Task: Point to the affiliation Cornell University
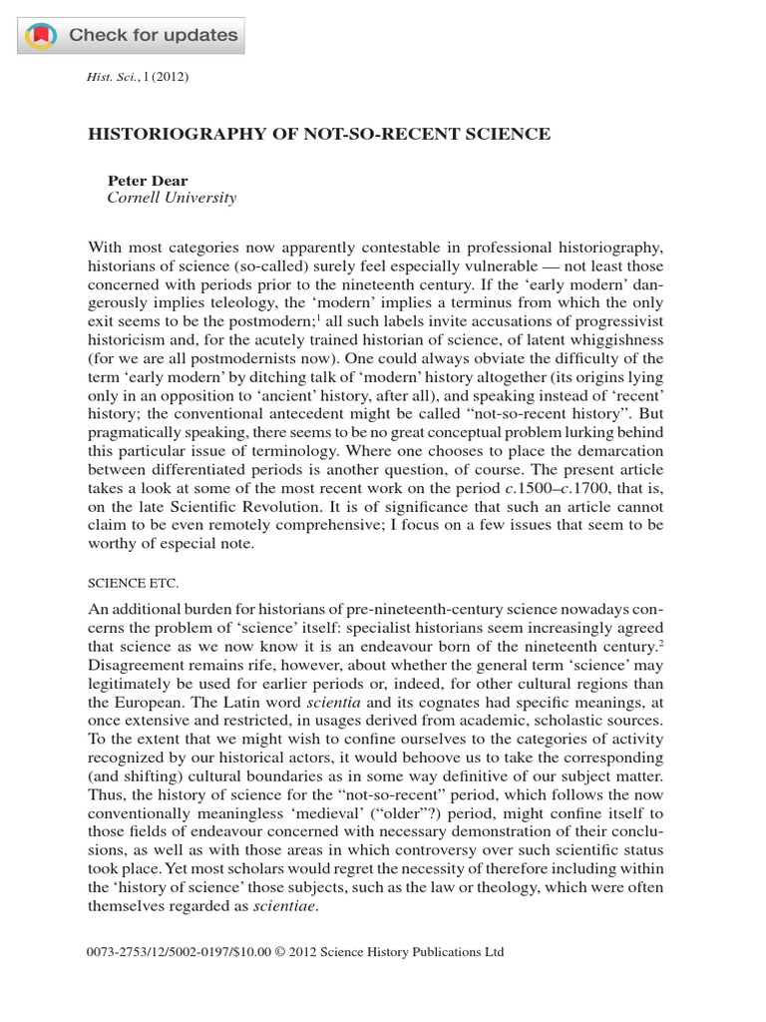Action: [172, 198]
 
